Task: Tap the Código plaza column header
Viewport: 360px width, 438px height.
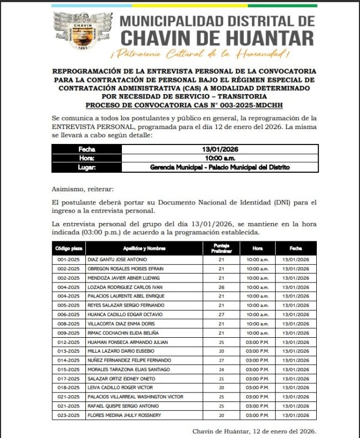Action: click(x=69, y=249)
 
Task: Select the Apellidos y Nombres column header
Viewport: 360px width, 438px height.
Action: click(x=145, y=249)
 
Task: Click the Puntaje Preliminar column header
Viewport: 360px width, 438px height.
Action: click(x=221, y=249)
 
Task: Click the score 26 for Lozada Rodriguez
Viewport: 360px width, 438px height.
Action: click(x=221, y=287)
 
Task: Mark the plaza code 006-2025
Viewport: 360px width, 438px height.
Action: click(x=69, y=314)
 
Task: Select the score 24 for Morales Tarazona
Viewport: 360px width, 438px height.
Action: click(x=221, y=369)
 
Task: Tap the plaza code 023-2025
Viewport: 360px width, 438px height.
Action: click(x=69, y=415)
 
